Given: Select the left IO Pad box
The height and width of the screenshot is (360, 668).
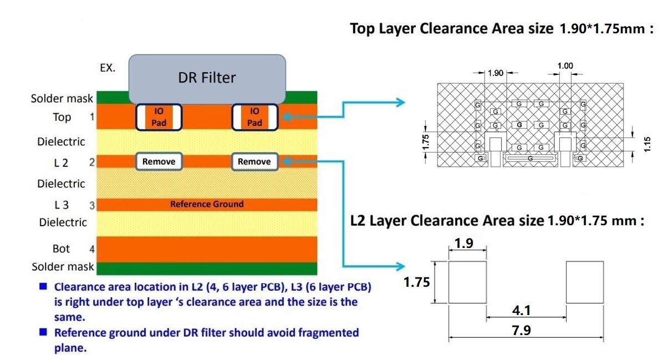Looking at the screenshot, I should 159,117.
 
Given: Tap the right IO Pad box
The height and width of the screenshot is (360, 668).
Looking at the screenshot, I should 254,117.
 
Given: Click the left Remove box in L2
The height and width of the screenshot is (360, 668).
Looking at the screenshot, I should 159,161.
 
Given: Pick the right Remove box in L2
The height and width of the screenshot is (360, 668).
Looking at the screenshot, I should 254,161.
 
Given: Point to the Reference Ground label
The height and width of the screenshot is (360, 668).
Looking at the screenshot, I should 207,204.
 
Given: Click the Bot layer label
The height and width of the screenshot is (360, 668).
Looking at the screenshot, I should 61,249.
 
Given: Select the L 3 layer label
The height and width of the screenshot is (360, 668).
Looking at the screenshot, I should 61,205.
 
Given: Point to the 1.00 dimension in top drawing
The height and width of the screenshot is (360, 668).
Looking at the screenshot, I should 565,66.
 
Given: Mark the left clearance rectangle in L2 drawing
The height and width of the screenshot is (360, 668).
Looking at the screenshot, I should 467,282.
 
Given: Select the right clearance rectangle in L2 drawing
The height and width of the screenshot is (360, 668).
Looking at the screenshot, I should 584,282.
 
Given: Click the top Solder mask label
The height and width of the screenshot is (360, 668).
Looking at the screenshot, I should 62,99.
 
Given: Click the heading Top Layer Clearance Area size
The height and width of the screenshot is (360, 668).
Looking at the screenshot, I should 451,29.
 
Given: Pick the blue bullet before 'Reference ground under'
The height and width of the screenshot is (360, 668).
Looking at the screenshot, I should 42,333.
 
